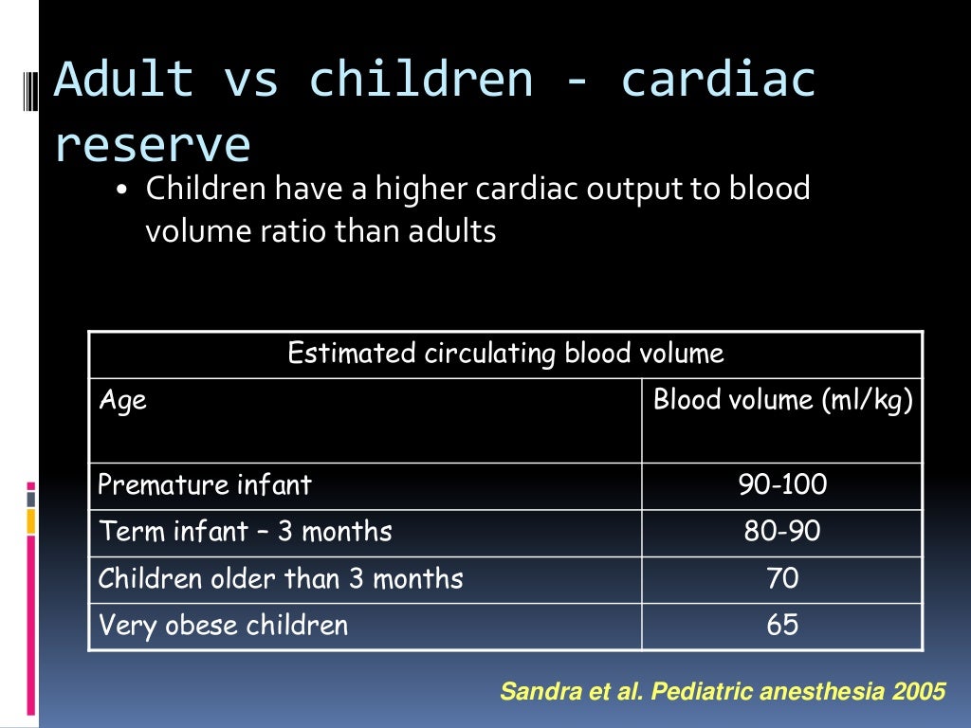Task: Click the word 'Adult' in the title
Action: tap(123, 80)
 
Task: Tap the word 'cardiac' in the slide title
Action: tap(718, 80)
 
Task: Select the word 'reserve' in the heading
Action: tap(153, 145)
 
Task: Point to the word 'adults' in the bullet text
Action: tap(452, 231)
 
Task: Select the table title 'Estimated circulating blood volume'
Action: tap(505, 355)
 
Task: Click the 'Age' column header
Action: tap(122, 400)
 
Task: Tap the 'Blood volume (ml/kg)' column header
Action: tap(782, 400)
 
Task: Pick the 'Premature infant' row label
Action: tap(205, 485)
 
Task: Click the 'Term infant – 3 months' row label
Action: tap(245, 532)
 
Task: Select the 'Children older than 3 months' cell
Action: tap(281, 578)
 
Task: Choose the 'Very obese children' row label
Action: tap(223, 626)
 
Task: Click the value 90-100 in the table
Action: tap(782, 485)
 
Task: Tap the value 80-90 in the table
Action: tap(782, 532)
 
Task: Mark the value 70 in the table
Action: tap(782, 578)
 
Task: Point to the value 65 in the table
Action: tap(782, 626)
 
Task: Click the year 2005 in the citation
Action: tap(919, 692)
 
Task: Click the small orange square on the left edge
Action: tap(30, 520)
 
